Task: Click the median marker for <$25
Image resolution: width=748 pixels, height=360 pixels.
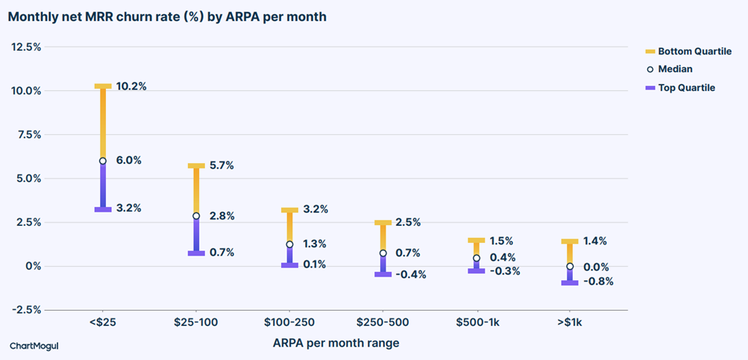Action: coord(103,161)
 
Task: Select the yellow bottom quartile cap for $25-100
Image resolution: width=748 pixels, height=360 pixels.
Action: coord(196,165)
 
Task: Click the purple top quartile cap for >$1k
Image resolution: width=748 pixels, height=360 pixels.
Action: coord(570,282)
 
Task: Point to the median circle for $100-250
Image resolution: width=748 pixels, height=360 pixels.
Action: coord(289,244)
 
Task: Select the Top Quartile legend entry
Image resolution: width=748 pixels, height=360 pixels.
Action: coord(679,88)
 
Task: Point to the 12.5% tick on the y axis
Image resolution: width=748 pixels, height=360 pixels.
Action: coord(26,47)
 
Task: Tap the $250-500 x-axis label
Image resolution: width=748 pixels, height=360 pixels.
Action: coord(383,322)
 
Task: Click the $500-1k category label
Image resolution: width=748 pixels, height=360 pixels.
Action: coord(476,322)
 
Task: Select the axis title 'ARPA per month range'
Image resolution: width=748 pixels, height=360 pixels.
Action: coord(336,343)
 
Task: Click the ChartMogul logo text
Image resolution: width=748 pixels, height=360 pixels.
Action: coord(34,346)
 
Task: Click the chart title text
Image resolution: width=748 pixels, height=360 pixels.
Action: coord(167,17)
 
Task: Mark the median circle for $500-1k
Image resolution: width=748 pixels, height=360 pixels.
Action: coord(477,258)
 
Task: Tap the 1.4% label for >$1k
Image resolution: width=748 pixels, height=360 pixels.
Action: coord(595,241)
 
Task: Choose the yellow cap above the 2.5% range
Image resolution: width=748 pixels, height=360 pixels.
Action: coord(383,223)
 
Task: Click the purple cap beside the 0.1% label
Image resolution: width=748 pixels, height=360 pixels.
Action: coord(289,265)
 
